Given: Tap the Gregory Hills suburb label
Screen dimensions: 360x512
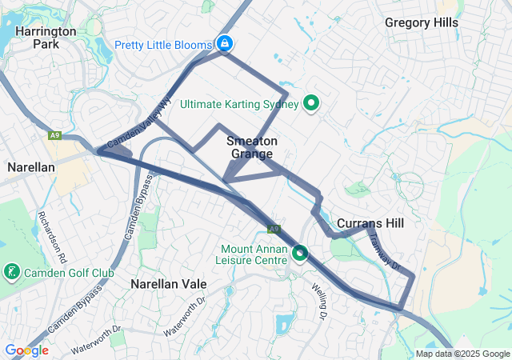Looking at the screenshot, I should point(422,22).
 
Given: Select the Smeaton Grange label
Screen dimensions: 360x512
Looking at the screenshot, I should point(246,147).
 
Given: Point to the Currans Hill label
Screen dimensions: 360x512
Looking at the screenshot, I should point(370,222).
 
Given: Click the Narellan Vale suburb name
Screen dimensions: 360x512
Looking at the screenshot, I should point(169,284).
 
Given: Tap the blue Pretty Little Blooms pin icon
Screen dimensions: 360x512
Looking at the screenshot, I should point(225,42).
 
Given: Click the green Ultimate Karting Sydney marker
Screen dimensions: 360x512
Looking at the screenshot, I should point(313,103).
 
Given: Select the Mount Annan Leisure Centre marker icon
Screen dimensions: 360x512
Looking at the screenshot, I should point(300,254).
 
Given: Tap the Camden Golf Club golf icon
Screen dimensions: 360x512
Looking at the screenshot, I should point(12,272).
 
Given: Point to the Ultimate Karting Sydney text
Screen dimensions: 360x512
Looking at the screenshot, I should point(239,104).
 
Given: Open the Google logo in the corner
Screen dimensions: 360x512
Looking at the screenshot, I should point(26,350).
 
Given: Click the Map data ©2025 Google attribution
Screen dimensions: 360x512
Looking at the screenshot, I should point(462,354).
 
